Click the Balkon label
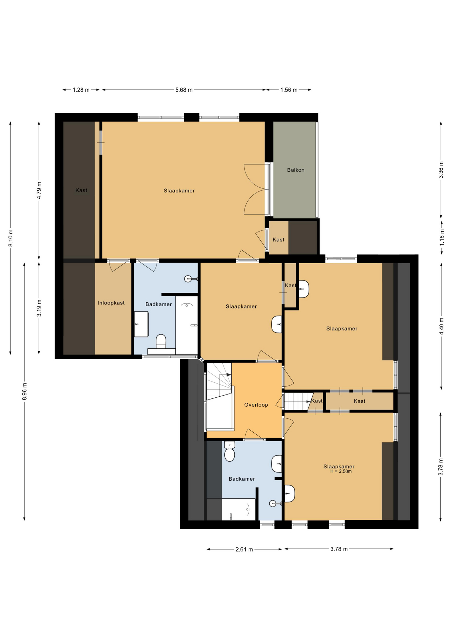(x=296, y=170)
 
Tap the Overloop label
(x=256, y=405)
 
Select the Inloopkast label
(x=111, y=303)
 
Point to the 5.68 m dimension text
(x=184, y=90)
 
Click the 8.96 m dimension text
(x=25, y=391)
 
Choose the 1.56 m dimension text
(x=289, y=90)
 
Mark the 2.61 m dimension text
(x=244, y=549)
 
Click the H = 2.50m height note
(x=341, y=471)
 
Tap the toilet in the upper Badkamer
(x=161, y=341)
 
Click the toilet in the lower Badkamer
(x=230, y=451)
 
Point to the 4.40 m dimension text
(x=441, y=326)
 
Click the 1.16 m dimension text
(x=442, y=238)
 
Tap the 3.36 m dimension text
(x=441, y=170)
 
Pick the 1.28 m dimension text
(x=81, y=90)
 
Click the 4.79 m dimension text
(x=39, y=190)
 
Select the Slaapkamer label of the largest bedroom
(x=179, y=191)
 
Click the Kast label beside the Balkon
(x=279, y=240)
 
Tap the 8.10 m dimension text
(x=11, y=238)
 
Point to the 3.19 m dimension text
(x=39, y=308)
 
